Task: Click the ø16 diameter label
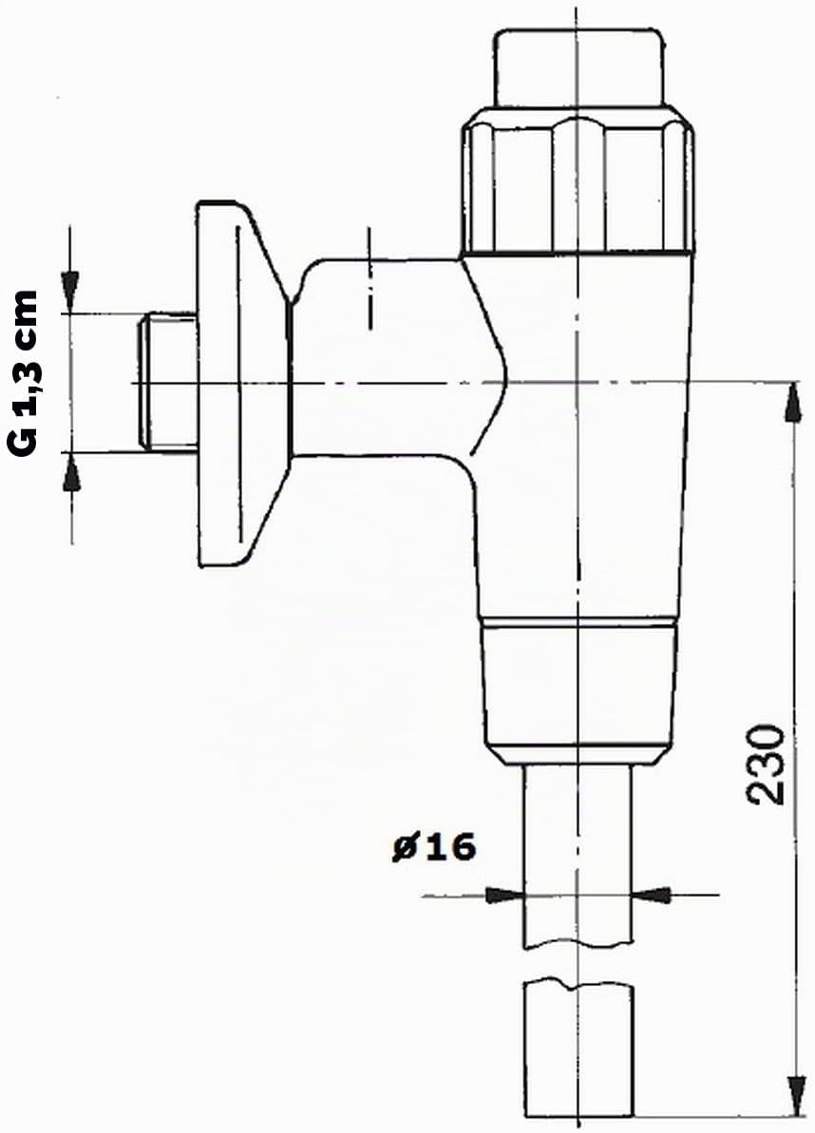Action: click(x=434, y=846)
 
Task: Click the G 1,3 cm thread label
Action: click(x=23, y=373)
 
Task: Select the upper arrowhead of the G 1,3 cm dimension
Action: click(x=70, y=293)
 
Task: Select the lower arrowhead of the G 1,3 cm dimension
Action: click(x=71, y=473)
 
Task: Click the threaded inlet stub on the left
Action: click(x=167, y=382)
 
